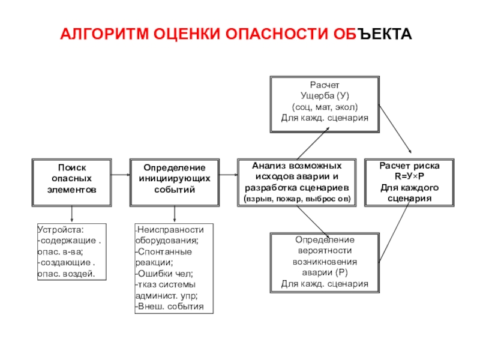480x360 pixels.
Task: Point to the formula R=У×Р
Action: [409, 176]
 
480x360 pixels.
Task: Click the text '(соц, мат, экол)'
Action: [325, 107]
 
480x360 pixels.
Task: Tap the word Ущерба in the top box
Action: [317, 96]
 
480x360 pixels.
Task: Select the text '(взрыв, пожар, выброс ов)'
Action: [297, 199]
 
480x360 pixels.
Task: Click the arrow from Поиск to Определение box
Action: [121, 175]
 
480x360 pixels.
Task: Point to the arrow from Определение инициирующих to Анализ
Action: [229, 175]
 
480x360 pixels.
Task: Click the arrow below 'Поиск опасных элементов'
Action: [71, 214]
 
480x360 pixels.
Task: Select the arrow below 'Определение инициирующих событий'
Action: [175, 214]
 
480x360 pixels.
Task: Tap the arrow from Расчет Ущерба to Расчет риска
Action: [395, 129]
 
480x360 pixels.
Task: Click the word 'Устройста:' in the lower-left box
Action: [61, 230]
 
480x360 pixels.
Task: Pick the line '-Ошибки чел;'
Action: [164, 274]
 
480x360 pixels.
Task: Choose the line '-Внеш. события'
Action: [170, 307]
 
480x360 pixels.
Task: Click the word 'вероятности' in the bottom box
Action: [325, 251]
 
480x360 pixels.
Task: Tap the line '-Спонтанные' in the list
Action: [163, 251]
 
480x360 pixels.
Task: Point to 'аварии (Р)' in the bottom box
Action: [325, 272]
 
